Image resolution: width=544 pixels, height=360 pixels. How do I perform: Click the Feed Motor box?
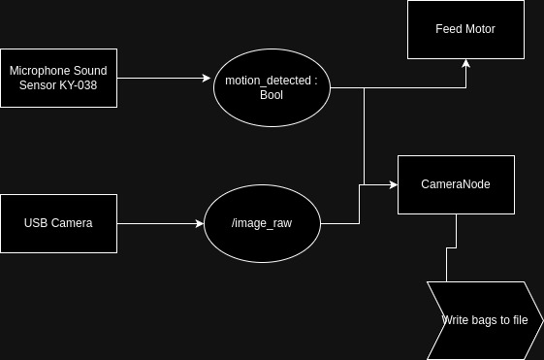465,29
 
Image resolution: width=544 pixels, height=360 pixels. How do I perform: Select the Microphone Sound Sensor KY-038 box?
58,78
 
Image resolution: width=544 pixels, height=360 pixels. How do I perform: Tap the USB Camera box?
58,223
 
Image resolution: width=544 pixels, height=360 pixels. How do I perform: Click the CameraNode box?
456,183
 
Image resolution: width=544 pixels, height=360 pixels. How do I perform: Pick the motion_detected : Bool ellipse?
272,87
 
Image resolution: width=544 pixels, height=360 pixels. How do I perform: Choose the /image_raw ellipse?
262,223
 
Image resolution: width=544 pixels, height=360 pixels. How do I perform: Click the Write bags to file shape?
485,320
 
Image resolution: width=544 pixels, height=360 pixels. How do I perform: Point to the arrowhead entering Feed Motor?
465,64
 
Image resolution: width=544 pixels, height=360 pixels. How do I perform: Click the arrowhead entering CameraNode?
393,183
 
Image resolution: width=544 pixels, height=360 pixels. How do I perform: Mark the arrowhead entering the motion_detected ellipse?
208,79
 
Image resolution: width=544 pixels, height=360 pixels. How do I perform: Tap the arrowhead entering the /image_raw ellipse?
199,223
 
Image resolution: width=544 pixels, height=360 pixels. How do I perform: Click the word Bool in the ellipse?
272,95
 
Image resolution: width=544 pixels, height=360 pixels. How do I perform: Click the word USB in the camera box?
36,223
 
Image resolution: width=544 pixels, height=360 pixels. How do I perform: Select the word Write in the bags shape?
457,320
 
